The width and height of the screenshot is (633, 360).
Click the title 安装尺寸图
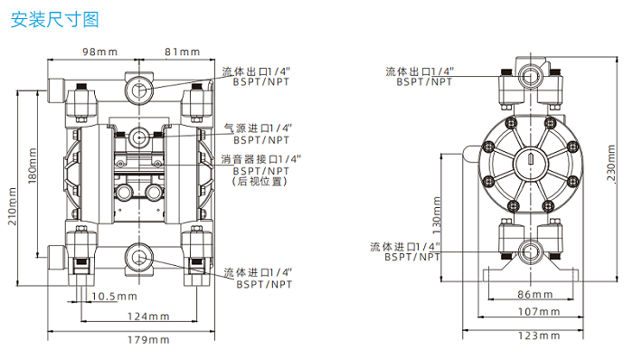click(54, 19)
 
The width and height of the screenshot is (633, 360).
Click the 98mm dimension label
click(100, 52)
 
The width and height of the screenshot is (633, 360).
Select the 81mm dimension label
click(183, 52)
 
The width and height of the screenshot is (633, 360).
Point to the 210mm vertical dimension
click(13, 206)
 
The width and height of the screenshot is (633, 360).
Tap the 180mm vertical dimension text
click(33, 166)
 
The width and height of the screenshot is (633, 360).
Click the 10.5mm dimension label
click(114, 297)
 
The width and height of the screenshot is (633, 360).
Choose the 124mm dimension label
click(148, 317)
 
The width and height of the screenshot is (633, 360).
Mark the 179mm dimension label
click(148, 340)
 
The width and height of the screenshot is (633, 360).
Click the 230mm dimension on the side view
click(611, 163)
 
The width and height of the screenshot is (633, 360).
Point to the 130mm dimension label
click(437, 215)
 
